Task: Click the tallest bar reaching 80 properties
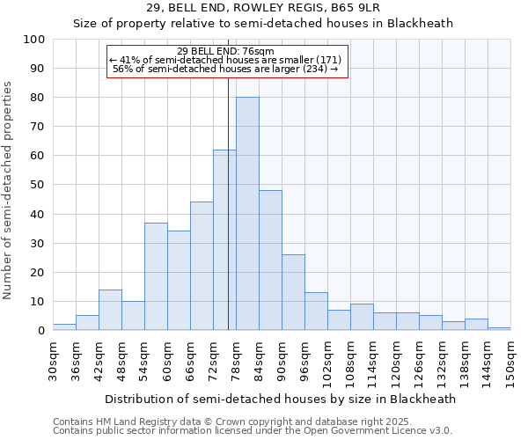pos(247,214)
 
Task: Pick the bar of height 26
pos(293,292)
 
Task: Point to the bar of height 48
pos(270,260)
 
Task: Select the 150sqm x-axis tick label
pos(511,361)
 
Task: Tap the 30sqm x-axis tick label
pos(54,361)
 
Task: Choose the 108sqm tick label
pos(351,363)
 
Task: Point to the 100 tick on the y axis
pos(35,40)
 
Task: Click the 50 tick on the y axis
pos(38,185)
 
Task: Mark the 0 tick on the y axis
pos(41,331)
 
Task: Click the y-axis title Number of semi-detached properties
pos(9,190)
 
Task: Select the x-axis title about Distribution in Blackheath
pos(280,399)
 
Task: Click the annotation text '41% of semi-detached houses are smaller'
pos(231,60)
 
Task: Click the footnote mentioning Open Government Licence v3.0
pos(253,431)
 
